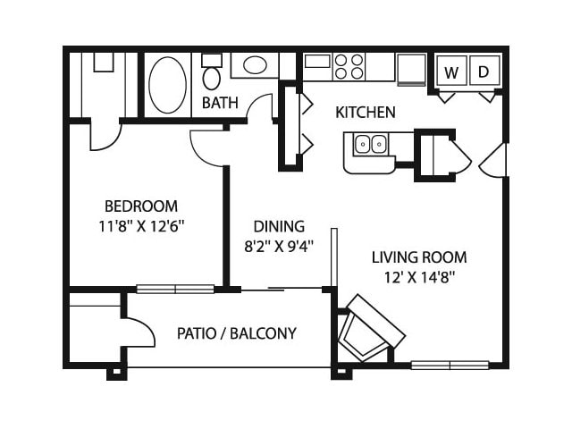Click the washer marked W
[x=452, y=71]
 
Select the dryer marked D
[x=484, y=71]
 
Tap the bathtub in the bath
[x=168, y=85]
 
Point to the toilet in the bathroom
[x=212, y=72]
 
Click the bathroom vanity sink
[x=255, y=65]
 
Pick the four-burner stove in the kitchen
[x=349, y=66]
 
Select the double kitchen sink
[x=371, y=144]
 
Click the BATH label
[x=220, y=103]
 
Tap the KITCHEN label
[x=366, y=113]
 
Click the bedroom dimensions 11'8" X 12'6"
[x=141, y=227]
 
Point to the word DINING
[x=279, y=226]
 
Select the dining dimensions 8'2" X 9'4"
[x=279, y=247]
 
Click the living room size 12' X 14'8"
[x=419, y=278]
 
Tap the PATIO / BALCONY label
[x=237, y=333]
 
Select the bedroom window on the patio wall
[x=175, y=290]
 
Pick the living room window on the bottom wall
[x=450, y=365]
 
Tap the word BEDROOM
[x=141, y=206]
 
